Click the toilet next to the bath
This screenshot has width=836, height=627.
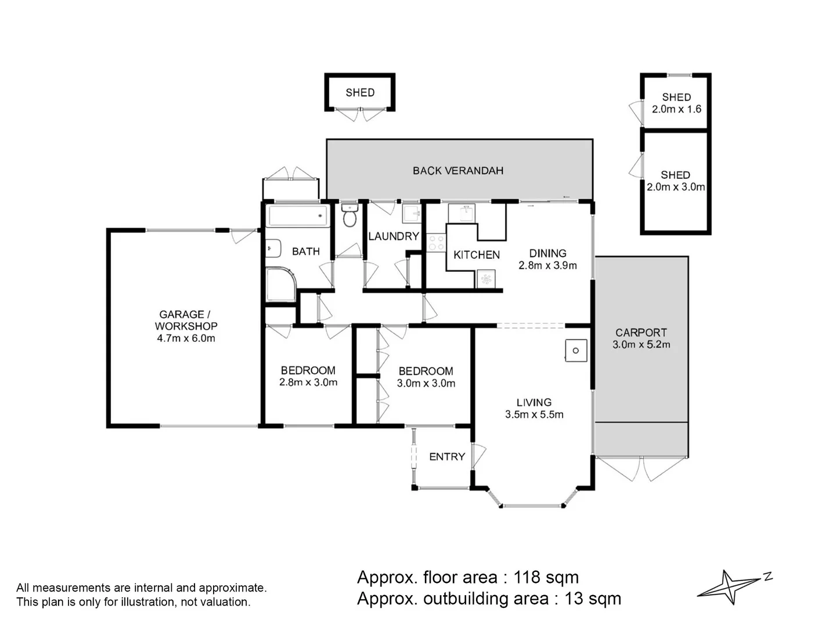(349, 215)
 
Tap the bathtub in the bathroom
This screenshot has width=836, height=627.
(298, 215)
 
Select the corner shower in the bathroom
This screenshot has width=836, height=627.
(281, 284)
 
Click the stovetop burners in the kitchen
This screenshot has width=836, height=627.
(436, 243)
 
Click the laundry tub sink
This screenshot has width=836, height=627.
(412, 214)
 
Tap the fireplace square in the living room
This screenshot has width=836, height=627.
(576, 351)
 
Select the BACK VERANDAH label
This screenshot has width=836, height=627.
(458, 171)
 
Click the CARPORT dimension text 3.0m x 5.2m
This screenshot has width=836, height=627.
(642, 344)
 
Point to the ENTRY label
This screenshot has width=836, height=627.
(447, 456)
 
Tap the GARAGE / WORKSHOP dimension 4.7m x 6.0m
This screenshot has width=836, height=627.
(186, 338)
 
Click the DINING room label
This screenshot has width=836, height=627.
(547, 253)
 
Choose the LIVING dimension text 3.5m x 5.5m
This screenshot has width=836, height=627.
(534, 415)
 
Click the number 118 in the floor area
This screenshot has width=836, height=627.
(527, 578)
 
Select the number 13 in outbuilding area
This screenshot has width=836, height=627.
(574, 599)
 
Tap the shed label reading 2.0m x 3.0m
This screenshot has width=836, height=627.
(676, 187)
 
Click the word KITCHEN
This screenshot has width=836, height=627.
(477, 255)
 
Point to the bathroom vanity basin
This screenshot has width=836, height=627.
(273, 248)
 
